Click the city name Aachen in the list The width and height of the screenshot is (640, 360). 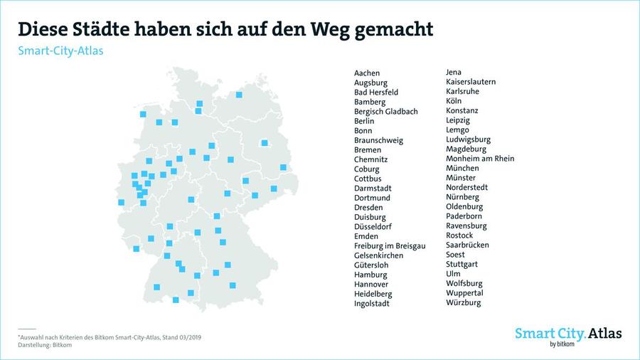click(366, 73)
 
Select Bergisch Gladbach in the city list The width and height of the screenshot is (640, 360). click(385, 112)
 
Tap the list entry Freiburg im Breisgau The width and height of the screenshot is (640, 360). click(390, 245)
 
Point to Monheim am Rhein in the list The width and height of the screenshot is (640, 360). click(480, 159)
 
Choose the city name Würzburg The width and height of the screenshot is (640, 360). click(463, 302)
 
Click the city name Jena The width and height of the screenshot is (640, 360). click(454, 72)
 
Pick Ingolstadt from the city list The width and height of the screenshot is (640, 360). click(371, 304)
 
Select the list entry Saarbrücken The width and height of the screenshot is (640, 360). click(467, 245)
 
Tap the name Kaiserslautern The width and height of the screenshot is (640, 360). click(471, 82)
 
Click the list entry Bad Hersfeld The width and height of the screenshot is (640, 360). click(376, 92)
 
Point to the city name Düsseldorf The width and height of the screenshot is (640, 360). click(373, 226)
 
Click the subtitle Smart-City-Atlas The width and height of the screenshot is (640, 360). click(60, 51)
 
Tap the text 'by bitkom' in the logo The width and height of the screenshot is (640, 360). click(562, 344)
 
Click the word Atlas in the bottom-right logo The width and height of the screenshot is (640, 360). click(605, 334)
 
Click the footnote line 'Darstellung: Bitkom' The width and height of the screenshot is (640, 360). click(45, 345)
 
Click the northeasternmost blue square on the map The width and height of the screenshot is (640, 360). click(239, 95)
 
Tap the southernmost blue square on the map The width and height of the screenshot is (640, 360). click(176, 300)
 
